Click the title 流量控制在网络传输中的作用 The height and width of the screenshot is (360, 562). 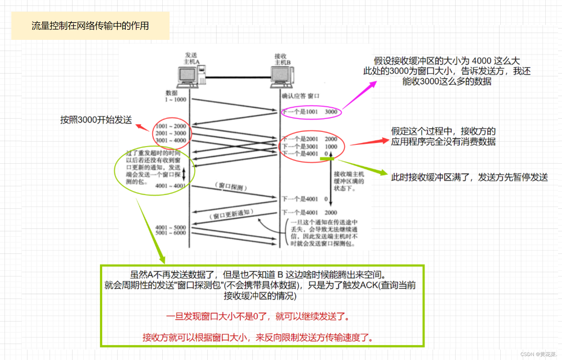(x=90, y=26)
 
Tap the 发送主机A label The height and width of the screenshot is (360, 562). (x=191, y=58)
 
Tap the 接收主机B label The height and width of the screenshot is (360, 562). (x=282, y=59)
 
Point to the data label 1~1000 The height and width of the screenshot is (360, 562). (x=176, y=99)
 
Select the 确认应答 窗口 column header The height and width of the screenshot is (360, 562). (x=300, y=96)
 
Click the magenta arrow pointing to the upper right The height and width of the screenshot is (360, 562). (x=359, y=95)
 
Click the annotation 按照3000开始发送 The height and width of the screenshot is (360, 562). (x=96, y=120)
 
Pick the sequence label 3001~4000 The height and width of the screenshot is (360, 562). (x=171, y=140)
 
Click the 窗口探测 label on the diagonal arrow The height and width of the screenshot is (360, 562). (x=231, y=187)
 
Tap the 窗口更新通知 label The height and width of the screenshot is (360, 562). (x=232, y=215)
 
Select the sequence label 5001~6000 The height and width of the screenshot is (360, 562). (x=170, y=233)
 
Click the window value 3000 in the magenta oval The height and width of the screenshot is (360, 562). (x=331, y=112)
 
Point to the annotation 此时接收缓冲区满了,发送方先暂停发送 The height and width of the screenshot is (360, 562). (x=469, y=177)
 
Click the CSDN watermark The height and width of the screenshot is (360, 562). (x=538, y=354)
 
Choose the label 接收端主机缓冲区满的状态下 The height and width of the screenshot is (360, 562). (x=348, y=181)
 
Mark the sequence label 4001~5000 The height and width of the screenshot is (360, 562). (x=170, y=227)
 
